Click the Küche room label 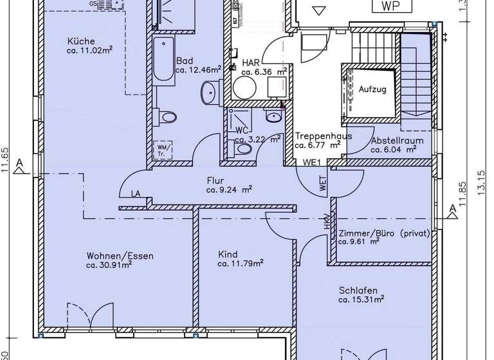pyautogui.click(x=80, y=42)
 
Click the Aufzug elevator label pyautogui.click(x=372, y=89)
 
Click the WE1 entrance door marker pyautogui.click(x=312, y=163)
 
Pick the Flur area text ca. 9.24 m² pyautogui.click(x=228, y=190)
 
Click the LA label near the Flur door pyautogui.click(x=135, y=193)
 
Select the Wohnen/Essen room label pyautogui.click(x=120, y=255)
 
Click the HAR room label pyautogui.click(x=250, y=63)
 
